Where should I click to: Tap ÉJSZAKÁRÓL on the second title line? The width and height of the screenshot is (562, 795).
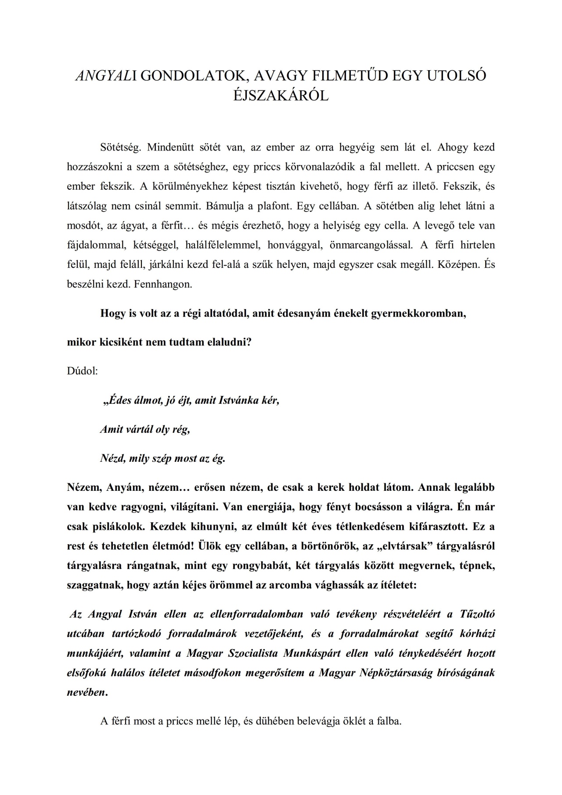click(x=281, y=96)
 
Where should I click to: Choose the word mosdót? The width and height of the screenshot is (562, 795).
click(x=83, y=226)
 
